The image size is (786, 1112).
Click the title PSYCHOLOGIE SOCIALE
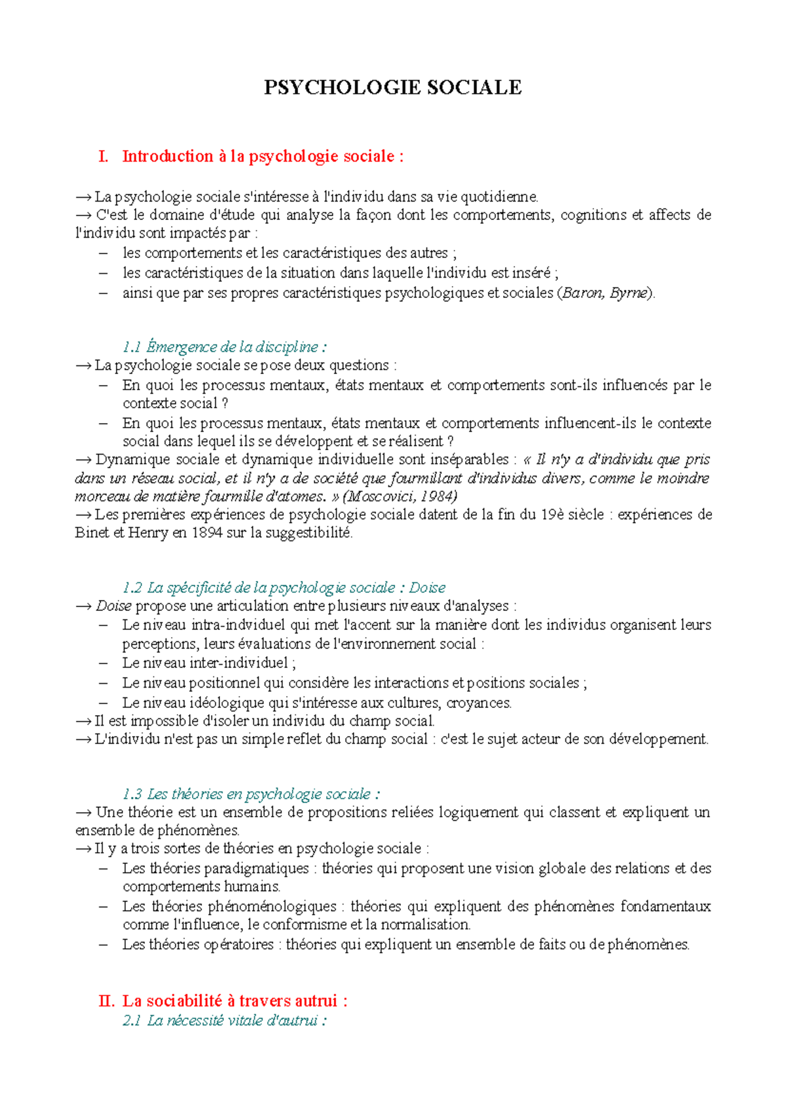point(392,87)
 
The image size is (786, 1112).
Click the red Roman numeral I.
point(103,157)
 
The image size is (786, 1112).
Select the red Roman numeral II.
point(105,1001)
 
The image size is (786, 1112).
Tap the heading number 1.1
point(132,346)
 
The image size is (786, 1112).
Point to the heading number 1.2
point(132,587)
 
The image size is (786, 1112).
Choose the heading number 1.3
point(132,794)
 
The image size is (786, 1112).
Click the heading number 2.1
point(132,1020)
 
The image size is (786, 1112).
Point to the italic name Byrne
point(628,293)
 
